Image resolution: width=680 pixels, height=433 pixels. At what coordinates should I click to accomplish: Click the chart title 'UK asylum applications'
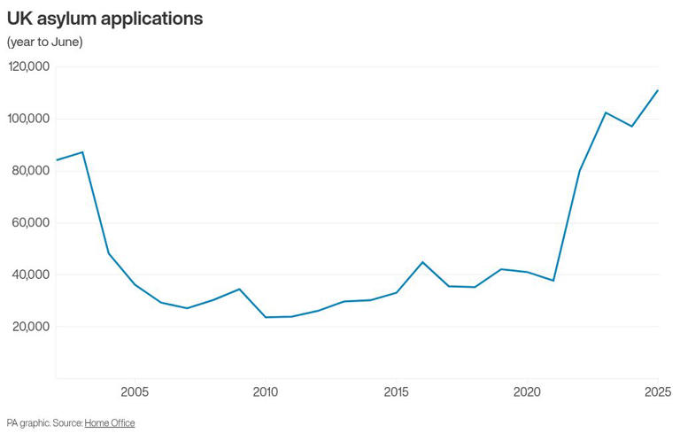[104, 18]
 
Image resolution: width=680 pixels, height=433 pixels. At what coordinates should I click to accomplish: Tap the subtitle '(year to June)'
[45, 42]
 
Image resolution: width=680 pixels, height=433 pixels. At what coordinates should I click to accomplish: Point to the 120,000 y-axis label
[29, 66]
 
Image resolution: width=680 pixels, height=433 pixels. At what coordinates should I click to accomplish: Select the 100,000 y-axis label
[29, 119]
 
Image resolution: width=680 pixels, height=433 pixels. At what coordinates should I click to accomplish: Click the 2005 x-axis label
[135, 391]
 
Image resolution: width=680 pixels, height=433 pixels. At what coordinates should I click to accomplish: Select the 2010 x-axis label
[265, 391]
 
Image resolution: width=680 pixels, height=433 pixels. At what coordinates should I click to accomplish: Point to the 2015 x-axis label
[396, 391]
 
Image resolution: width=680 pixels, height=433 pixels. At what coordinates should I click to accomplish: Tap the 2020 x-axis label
[527, 391]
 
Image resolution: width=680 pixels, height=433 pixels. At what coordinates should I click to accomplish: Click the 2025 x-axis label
[657, 391]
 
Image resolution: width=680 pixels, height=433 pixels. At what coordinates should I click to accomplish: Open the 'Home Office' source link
[110, 423]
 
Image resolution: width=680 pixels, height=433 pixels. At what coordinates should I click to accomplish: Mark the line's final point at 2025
[658, 90]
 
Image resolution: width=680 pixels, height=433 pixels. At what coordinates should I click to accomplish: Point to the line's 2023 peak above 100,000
[606, 112]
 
